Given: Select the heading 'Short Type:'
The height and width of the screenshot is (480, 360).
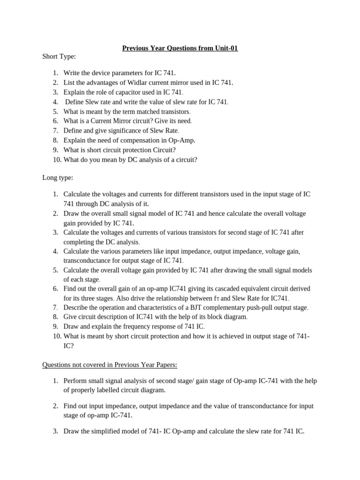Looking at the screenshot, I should click(x=59, y=56).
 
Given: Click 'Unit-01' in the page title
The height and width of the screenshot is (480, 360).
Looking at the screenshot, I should click(x=225, y=48).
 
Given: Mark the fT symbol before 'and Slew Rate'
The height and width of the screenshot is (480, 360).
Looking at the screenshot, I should click(x=216, y=299).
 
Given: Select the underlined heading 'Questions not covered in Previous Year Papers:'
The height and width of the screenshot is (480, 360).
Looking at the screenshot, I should click(x=110, y=365).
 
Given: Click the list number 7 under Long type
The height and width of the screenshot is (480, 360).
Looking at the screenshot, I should click(x=54, y=307).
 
